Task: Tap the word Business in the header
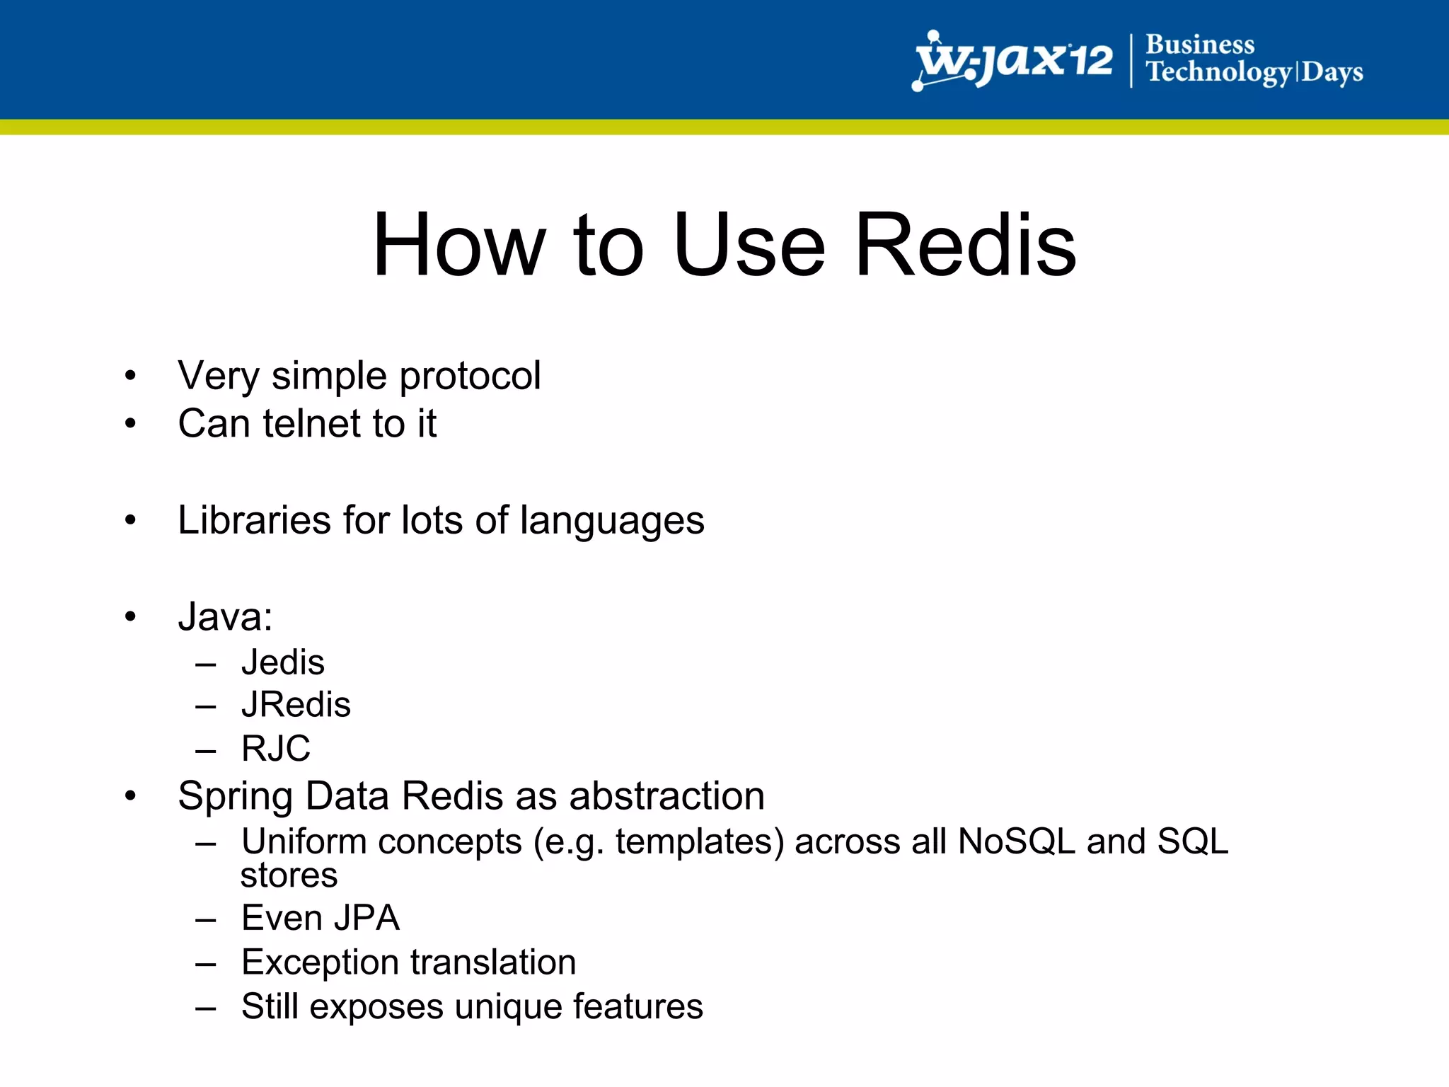coord(1199,45)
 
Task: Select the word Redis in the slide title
coord(965,245)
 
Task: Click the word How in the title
coord(459,245)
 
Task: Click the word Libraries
coord(254,520)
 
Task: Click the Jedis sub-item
coord(282,663)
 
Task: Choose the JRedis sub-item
coord(296,705)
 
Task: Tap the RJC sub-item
coord(275,749)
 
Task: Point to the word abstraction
coord(666,796)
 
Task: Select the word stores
coord(289,876)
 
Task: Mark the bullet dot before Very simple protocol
coord(130,376)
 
